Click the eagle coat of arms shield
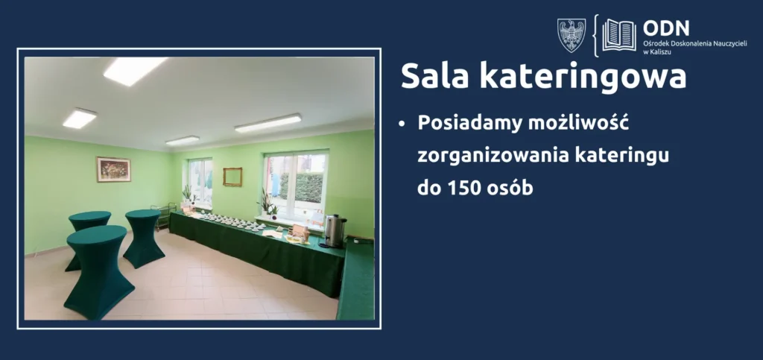point(572,36)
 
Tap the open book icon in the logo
point(619,36)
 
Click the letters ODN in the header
point(665,28)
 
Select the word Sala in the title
point(435,76)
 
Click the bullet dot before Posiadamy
point(402,124)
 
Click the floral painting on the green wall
point(113,169)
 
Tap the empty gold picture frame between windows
point(232,177)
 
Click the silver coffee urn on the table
point(335,230)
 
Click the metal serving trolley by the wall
point(163,217)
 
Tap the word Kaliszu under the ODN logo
point(662,51)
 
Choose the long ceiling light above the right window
point(267,123)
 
